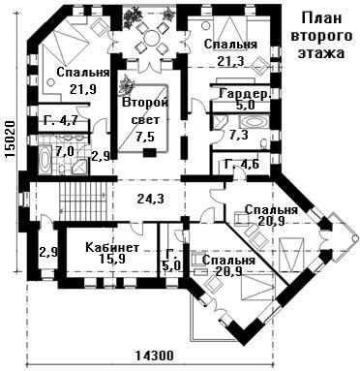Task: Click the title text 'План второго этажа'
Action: pyautogui.click(x=321, y=35)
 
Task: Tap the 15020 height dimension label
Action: pyautogui.click(x=11, y=139)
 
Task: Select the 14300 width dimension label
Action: pyautogui.click(x=154, y=356)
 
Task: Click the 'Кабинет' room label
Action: pyautogui.click(x=112, y=247)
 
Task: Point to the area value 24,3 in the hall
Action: pyautogui.click(x=150, y=199)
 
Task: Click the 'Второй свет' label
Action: pyautogui.click(x=145, y=111)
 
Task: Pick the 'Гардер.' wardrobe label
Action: pyautogui.click(x=244, y=94)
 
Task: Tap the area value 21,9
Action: pyautogui.click(x=83, y=89)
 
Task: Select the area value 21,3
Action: pyautogui.click(x=230, y=60)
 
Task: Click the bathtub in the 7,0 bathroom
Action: pyautogui.click(x=45, y=160)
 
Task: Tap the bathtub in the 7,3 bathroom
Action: pyautogui.click(x=254, y=123)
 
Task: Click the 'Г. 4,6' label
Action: pyautogui.click(x=241, y=165)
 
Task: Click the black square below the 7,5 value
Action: pyautogui.click(x=149, y=152)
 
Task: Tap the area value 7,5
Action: pyautogui.click(x=145, y=136)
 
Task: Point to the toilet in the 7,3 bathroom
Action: pyautogui.click(x=264, y=143)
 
